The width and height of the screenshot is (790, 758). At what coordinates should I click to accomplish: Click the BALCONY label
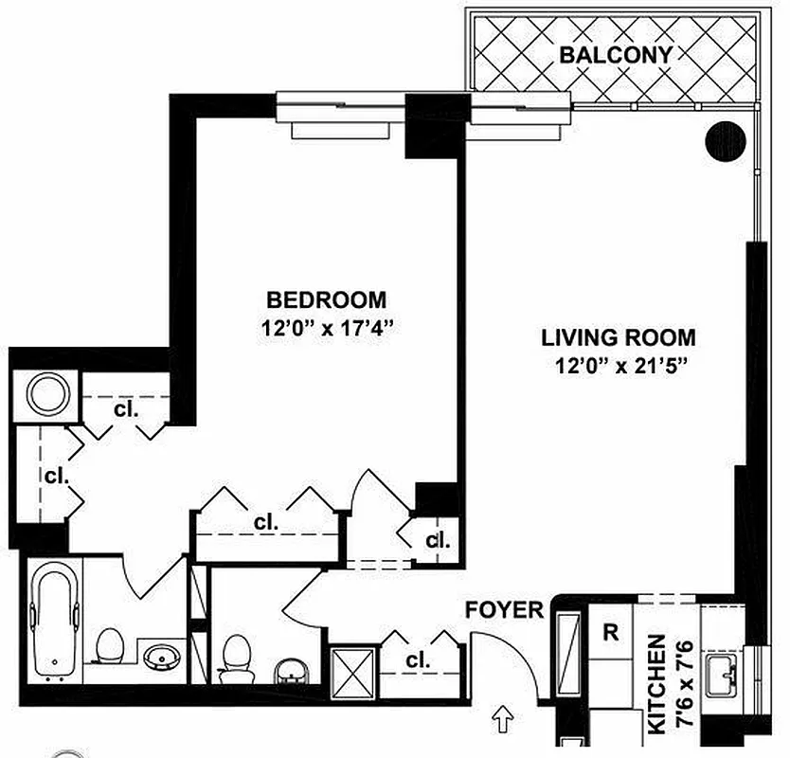point(616,55)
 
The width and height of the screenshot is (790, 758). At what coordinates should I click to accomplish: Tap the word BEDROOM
point(326,300)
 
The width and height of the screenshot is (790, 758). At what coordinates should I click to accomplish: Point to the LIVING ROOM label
point(619,336)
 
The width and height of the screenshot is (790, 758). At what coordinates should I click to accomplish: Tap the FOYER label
point(504,609)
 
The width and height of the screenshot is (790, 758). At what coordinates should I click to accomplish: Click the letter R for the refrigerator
point(611,633)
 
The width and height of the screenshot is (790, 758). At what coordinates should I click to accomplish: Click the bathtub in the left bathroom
point(52,621)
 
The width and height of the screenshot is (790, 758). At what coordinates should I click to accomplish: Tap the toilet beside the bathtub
point(111,646)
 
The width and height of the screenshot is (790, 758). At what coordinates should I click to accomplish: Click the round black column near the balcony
point(727,142)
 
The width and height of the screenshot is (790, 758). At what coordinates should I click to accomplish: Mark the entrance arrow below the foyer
point(504,722)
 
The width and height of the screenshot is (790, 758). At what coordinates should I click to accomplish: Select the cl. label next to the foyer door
point(418,659)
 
